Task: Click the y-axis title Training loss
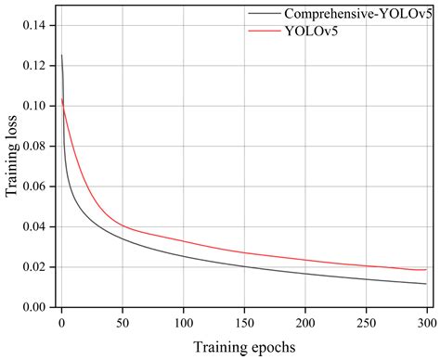[12, 155]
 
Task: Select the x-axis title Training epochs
[244, 347]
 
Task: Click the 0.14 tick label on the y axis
[33, 26]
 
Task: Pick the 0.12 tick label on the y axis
[33, 66]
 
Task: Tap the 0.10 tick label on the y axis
[33, 106]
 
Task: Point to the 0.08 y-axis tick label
[33, 147]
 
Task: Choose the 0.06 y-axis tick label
[33, 186]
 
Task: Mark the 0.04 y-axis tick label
[33, 226]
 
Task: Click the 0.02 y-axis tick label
[33, 267]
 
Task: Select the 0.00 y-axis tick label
[33, 307]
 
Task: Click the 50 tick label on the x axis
[123, 322]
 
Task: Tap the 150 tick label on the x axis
[244, 322]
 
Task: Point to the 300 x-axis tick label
[426, 322]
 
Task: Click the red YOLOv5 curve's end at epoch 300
[426, 269]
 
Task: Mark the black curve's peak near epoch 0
[62, 56]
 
